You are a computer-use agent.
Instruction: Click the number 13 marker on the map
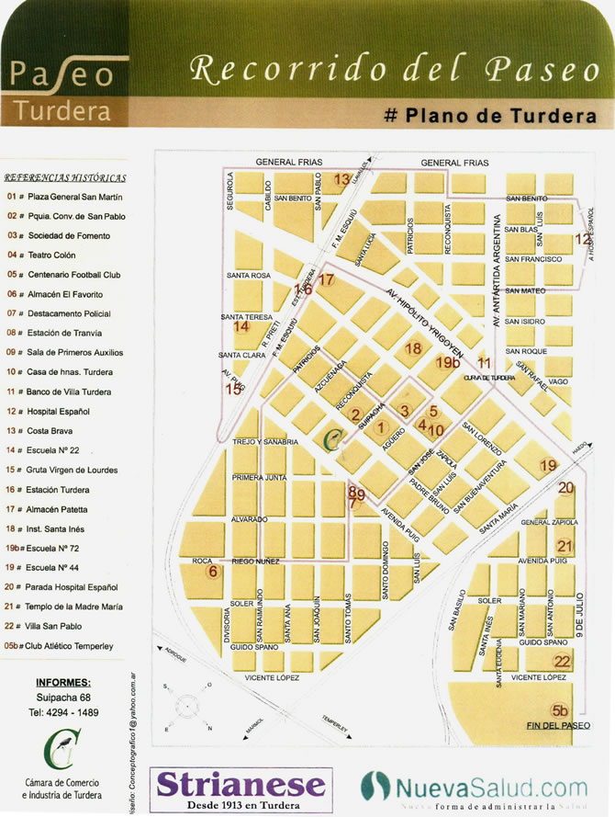click(x=341, y=180)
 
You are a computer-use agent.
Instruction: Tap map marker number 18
click(x=413, y=348)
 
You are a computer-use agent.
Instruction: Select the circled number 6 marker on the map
click(x=213, y=572)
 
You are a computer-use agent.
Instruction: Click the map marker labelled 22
click(x=562, y=661)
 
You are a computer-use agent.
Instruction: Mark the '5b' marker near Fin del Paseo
click(x=560, y=709)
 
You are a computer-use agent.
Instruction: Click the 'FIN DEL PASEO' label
click(x=557, y=726)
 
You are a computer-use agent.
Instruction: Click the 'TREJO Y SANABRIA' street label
click(x=266, y=442)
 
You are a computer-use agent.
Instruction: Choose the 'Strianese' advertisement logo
click(x=240, y=786)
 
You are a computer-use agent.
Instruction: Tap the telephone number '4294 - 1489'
click(x=64, y=712)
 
